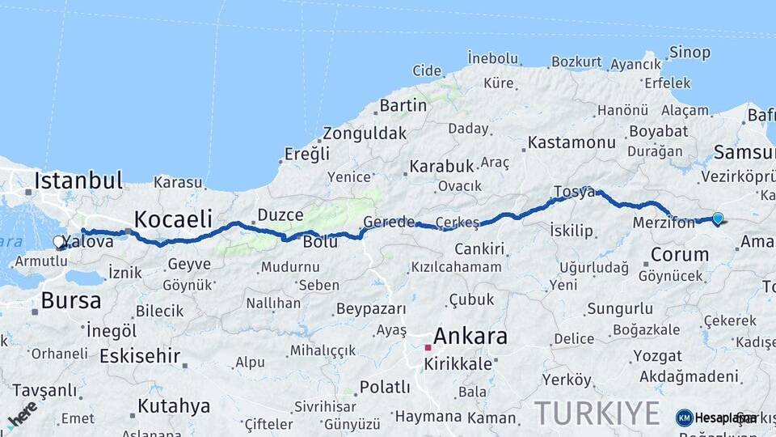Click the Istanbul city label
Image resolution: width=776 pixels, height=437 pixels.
click(x=78, y=180)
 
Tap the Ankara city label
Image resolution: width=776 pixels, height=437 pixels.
click(x=470, y=335)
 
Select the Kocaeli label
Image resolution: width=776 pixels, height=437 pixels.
click(x=173, y=218)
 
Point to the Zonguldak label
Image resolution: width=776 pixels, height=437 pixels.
click(x=365, y=134)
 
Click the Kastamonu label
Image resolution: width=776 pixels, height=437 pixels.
click(x=571, y=142)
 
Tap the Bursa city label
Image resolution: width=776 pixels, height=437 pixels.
click(x=71, y=301)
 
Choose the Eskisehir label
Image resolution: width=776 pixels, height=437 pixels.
click(x=140, y=356)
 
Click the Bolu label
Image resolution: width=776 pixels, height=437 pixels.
click(x=319, y=242)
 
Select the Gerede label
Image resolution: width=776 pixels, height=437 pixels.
click(x=389, y=222)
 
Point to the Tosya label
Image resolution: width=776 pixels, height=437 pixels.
click(x=574, y=192)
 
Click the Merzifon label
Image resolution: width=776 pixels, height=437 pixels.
click(x=664, y=223)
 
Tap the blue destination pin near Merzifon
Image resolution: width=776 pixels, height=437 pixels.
click(x=717, y=218)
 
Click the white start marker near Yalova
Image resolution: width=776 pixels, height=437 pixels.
click(x=59, y=241)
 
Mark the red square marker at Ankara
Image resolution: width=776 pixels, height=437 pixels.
click(x=428, y=347)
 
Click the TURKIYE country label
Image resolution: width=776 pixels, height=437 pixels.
click(x=597, y=413)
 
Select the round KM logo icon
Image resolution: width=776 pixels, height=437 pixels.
click(x=684, y=418)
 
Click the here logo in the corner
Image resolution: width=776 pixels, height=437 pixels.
click(x=22, y=415)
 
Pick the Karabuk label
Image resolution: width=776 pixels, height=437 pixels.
click(x=441, y=166)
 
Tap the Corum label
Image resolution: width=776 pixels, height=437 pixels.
click(x=680, y=254)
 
